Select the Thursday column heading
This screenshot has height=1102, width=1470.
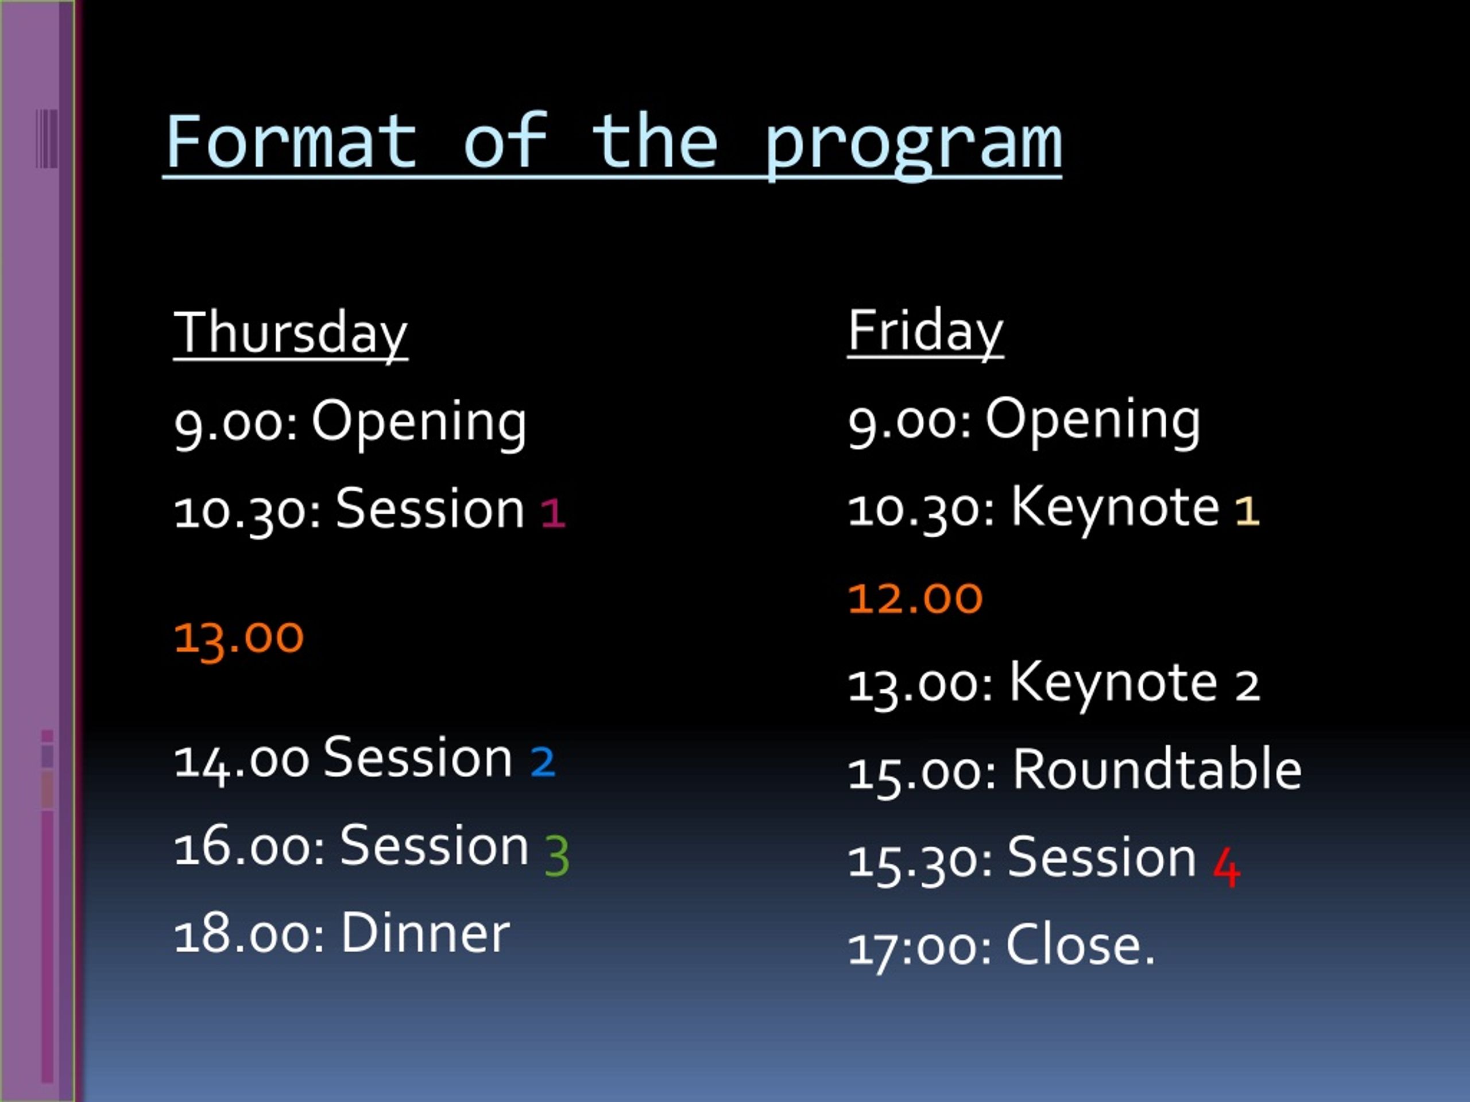click(291, 334)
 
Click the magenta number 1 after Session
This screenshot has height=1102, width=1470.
click(553, 513)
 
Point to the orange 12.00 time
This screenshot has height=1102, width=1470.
click(915, 598)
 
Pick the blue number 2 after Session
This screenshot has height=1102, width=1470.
click(542, 761)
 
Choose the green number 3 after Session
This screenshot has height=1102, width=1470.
click(557, 855)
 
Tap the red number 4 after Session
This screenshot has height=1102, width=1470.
click(1227, 866)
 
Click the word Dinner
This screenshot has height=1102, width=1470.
click(425, 933)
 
